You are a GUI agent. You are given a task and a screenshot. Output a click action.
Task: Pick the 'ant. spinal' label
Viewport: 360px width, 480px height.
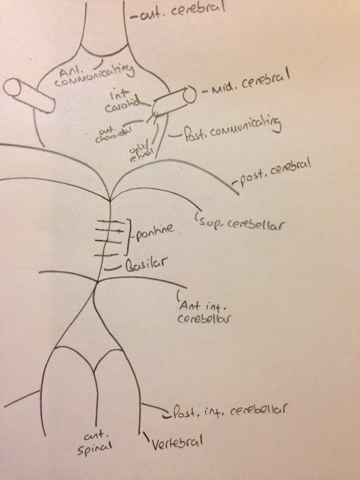pos(94,447)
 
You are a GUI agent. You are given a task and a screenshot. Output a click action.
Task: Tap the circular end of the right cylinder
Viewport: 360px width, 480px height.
pos(189,94)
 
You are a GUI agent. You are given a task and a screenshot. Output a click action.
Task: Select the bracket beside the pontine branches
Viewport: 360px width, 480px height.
pos(128,237)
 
